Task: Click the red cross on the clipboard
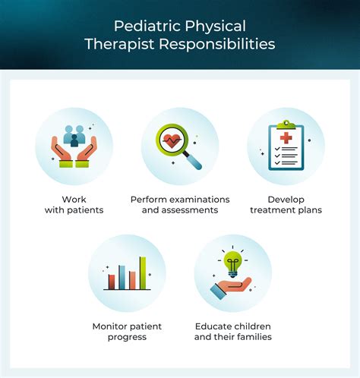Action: point(286,138)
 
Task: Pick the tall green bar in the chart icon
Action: point(141,273)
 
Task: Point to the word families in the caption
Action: point(252,336)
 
